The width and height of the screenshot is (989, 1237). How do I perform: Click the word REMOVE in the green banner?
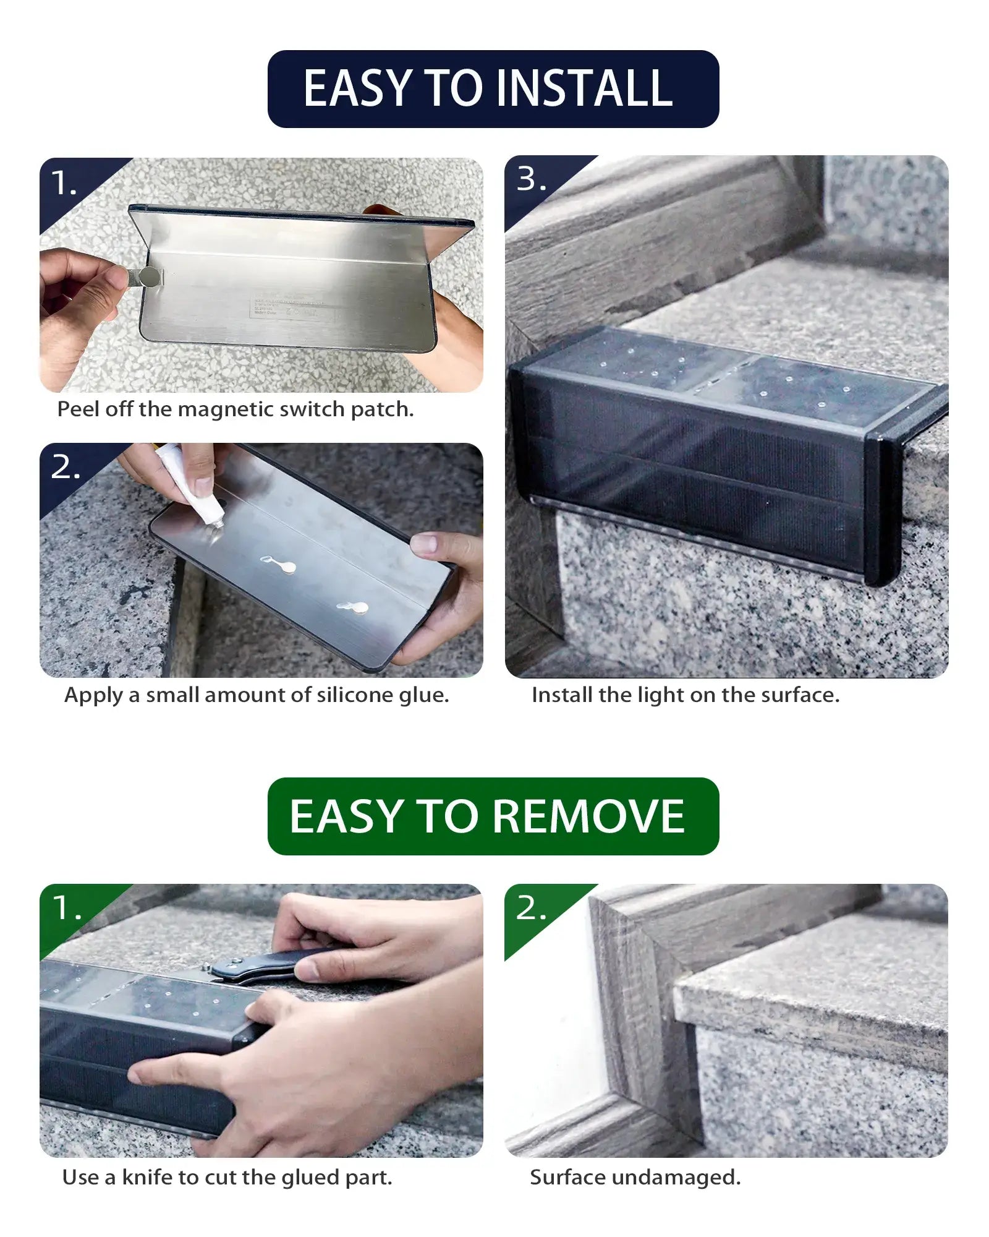click(588, 816)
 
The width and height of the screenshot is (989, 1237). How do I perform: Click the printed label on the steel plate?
click(287, 307)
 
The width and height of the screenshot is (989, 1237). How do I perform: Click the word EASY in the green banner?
click(346, 816)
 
